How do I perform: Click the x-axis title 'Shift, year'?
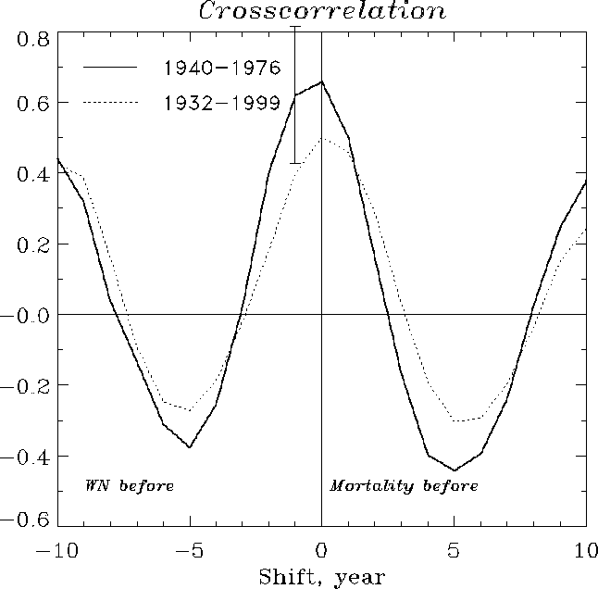320,576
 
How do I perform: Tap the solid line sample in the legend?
110,68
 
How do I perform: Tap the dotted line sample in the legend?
110,103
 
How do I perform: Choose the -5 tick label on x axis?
189,549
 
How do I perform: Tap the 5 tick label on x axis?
455,549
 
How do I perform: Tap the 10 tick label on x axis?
585,549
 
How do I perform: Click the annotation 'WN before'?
130,486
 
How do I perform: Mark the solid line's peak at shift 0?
321,81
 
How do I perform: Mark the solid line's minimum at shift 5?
455,470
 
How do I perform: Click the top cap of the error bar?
295,27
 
